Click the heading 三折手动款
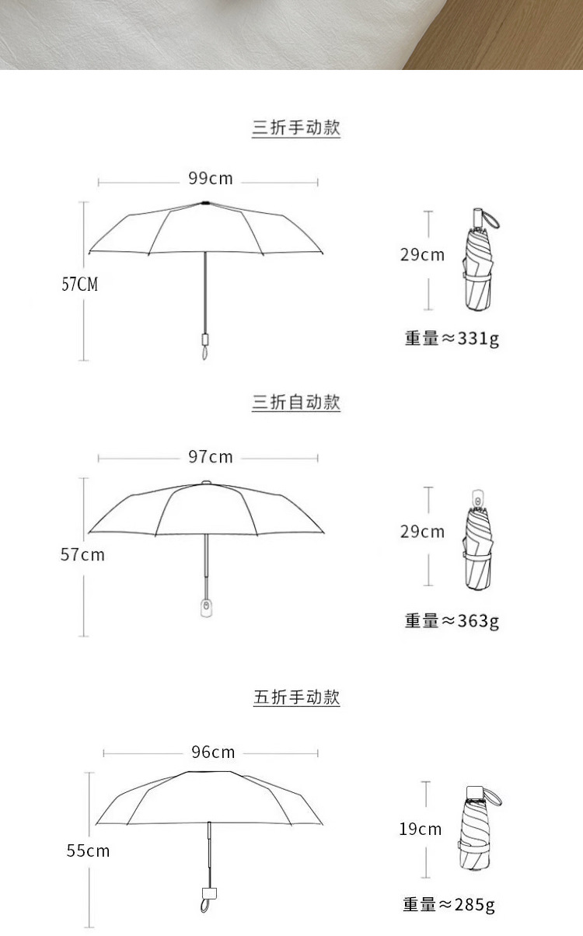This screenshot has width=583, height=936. click(x=296, y=128)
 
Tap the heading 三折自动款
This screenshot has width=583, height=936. click(x=296, y=403)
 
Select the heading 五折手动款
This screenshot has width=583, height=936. click(x=296, y=697)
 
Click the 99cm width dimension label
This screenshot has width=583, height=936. click(x=210, y=179)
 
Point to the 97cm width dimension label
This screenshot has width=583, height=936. click(x=210, y=457)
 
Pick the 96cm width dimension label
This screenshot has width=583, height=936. click(x=213, y=752)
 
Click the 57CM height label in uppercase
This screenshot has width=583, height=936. click(x=80, y=285)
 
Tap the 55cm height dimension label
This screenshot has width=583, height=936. click(x=88, y=851)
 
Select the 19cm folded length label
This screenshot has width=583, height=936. click(x=421, y=829)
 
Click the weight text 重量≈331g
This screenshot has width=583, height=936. click(x=451, y=338)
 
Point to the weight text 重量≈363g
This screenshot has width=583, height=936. click(x=451, y=620)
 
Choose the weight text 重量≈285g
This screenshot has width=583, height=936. click(x=449, y=904)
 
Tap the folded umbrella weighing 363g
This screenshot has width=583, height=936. click(x=478, y=544)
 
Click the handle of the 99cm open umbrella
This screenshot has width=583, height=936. click(x=205, y=342)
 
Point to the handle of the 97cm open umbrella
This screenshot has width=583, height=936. click(x=206, y=606)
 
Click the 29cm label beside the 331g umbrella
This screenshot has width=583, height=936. click(x=422, y=255)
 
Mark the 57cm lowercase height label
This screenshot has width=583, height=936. click(x=82, y=555)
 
